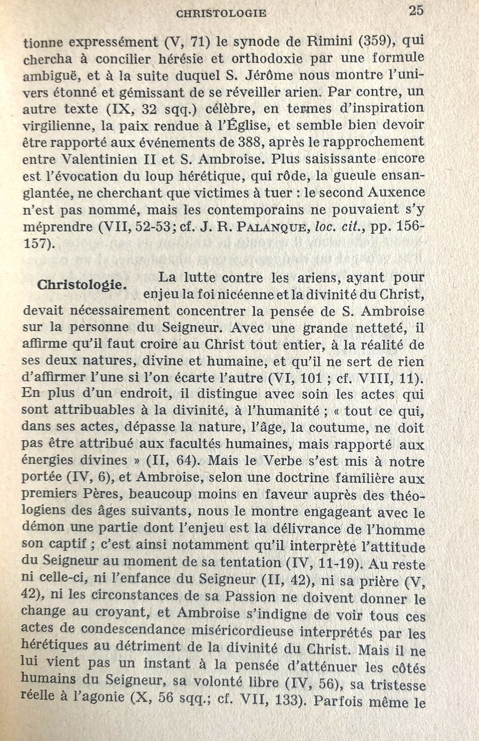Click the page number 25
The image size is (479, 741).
(x=416, y=10)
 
